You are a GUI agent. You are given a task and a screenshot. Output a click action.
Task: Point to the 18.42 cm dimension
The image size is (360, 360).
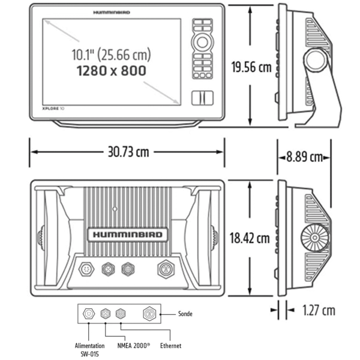[x=250, y=238]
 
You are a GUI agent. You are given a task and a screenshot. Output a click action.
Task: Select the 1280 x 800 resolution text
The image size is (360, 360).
[x=112, y=70]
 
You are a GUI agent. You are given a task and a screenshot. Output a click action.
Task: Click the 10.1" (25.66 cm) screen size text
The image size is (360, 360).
[x=112, y=55]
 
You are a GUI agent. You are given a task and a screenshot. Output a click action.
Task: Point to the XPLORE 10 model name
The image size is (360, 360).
[x=54, y=109]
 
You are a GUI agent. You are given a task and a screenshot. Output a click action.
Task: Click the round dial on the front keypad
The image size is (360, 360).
[x=202, y=43]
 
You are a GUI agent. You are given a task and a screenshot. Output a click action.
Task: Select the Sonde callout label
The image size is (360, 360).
[x=187, y=313]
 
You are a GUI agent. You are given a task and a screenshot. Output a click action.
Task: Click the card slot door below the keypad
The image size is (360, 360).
[x=202, y=98]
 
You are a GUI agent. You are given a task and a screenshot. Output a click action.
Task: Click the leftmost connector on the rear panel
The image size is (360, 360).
[x=87, y=269]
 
